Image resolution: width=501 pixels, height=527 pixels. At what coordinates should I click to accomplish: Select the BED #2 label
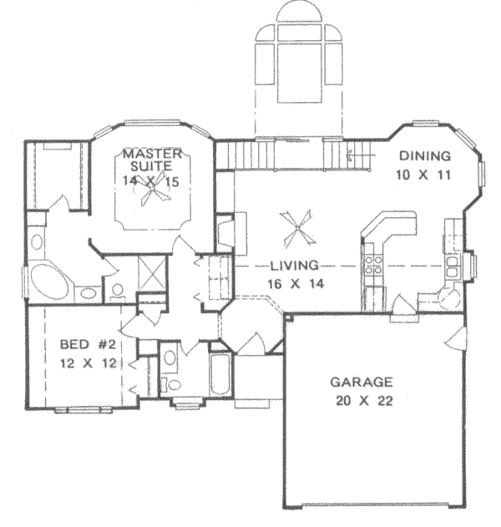point(86,345)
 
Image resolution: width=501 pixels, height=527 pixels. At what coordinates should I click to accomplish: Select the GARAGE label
point(362,383)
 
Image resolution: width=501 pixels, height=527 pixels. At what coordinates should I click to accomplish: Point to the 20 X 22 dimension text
point(362,400)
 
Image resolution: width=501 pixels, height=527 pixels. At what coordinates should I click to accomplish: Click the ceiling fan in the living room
point(298,225)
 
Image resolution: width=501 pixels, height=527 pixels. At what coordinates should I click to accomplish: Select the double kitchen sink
point(452,266)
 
